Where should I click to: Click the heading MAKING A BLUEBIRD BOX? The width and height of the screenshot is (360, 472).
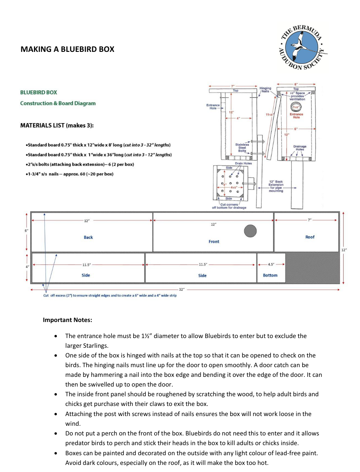tap(68, 49)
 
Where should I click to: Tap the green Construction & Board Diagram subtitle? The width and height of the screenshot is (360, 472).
tap(58, 103)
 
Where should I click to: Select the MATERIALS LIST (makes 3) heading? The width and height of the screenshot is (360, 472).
tap(57, 125)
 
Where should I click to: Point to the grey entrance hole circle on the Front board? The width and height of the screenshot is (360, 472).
tap(250, 231)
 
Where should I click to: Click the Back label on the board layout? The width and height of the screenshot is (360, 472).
tap(88, 237)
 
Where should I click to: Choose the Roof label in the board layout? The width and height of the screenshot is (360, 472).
tap(310, 237)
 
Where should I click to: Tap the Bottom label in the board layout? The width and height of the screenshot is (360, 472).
tap(270, 275)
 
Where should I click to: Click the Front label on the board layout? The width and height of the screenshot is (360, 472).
tap(214, 242)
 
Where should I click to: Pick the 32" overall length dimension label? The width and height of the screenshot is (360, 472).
tap(182, 289)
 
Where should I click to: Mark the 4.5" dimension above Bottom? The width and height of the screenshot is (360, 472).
tap(271, 265)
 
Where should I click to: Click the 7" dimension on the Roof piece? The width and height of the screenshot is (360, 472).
tap(309, 220)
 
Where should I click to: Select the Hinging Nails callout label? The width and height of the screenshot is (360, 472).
tap(265, 90)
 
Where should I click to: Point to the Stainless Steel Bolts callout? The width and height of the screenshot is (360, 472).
tap(242, 148)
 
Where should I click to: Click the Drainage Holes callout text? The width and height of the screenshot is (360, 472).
tap(300, 148)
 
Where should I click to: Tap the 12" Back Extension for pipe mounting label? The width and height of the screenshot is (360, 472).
tap(276, 186)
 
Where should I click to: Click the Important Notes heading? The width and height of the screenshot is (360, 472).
tap(68, 320)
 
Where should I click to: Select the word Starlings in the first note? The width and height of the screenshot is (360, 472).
tap(96, 346)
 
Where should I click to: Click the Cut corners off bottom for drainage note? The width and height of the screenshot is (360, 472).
tap(229, 206)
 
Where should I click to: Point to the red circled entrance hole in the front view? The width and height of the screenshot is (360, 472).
tap(296, 107)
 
